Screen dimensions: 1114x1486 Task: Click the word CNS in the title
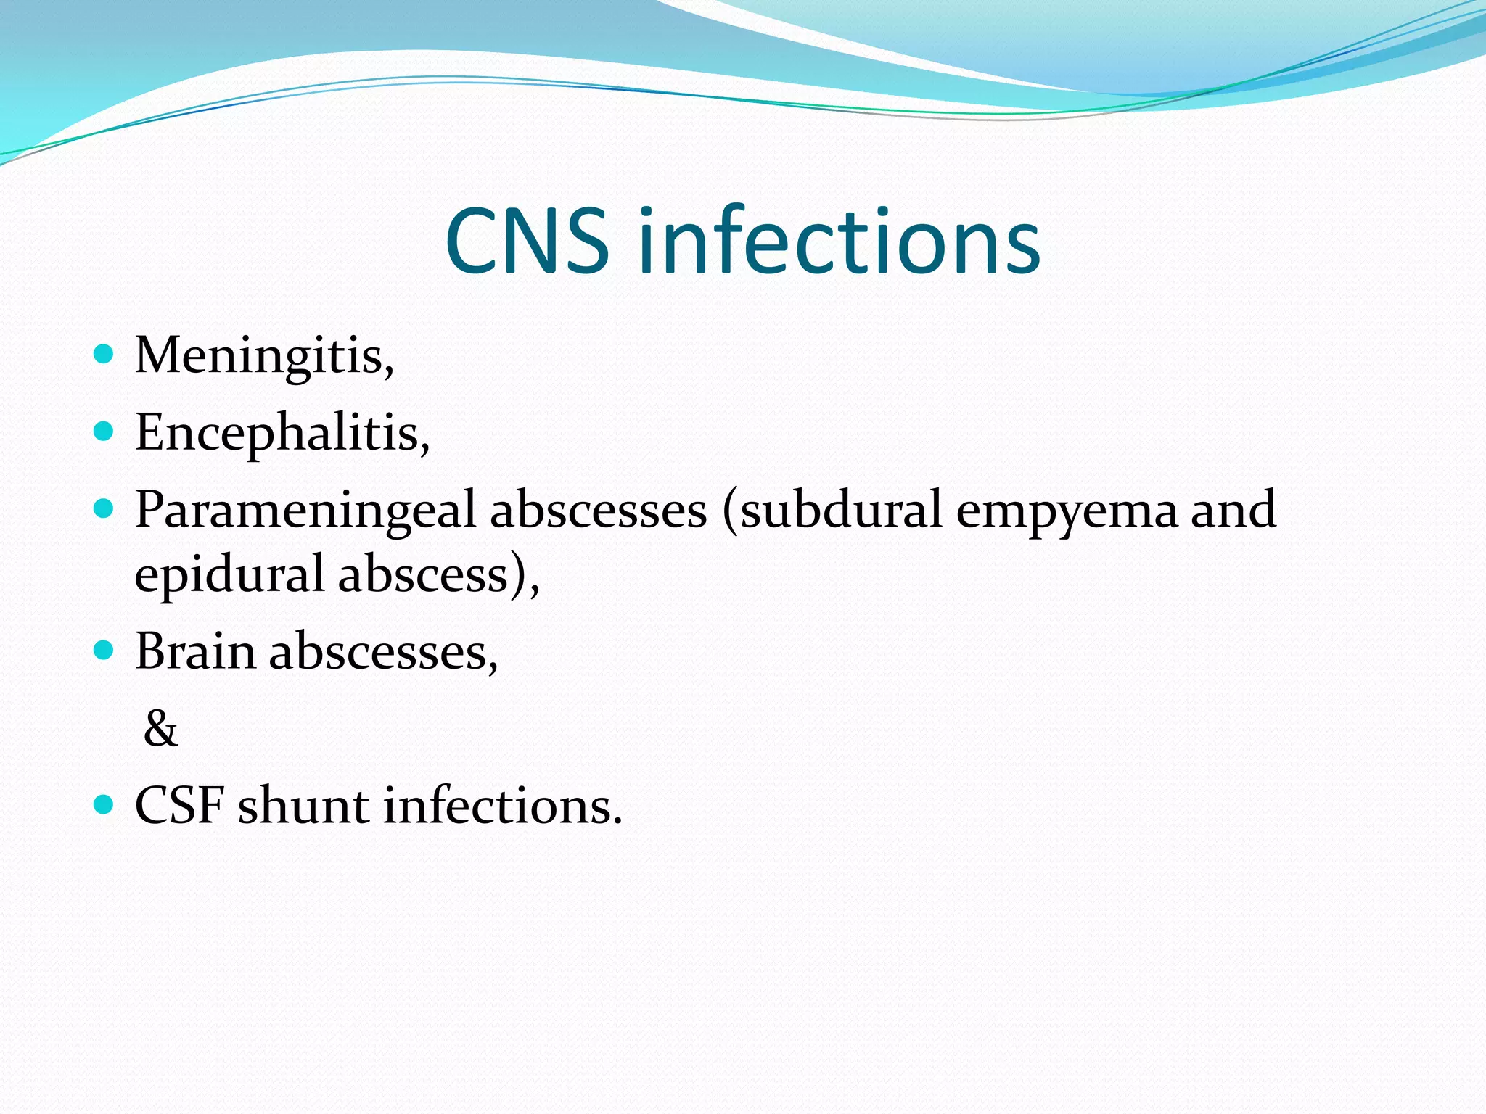click(527, 242)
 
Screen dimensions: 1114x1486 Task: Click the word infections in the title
click(839, 242)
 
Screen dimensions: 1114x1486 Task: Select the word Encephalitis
click(281, 433)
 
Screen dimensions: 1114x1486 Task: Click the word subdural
click(840, 509)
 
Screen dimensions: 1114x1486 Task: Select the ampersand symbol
click(160, 728)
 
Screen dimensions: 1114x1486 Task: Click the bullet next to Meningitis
click(104, 354)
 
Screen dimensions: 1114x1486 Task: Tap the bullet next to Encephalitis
click(104, 432)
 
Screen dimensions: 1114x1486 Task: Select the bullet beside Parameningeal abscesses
click(104, 508)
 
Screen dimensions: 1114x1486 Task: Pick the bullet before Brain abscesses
click(104, 650)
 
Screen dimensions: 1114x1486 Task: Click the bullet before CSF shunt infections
click(104, 804)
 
